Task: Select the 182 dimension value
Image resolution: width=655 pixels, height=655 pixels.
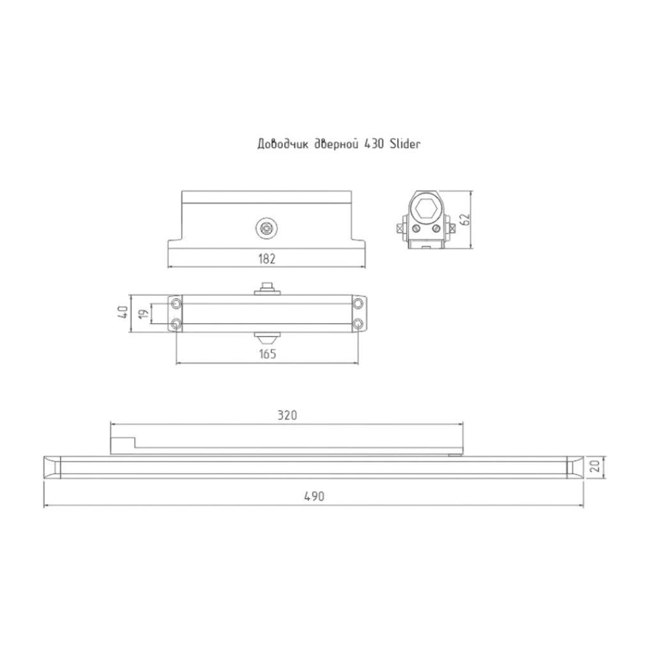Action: tap(266, 259)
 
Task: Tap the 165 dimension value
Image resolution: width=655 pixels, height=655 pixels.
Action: tap(268, 355)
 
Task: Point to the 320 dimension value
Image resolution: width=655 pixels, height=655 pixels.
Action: tap(287, 415)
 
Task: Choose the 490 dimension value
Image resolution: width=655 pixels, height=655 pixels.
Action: tap(314, 496)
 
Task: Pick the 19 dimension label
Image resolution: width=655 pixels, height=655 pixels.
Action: tap(144, 313)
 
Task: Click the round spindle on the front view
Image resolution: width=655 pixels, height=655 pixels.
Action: tap(265, 226)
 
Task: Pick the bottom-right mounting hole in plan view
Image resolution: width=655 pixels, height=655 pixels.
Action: tap(358, 323)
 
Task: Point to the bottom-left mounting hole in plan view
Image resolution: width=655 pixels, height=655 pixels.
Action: tap(176, 323)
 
